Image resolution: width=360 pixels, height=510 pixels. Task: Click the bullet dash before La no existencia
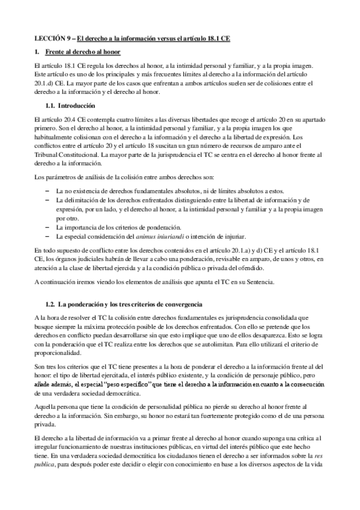(47, 191)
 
